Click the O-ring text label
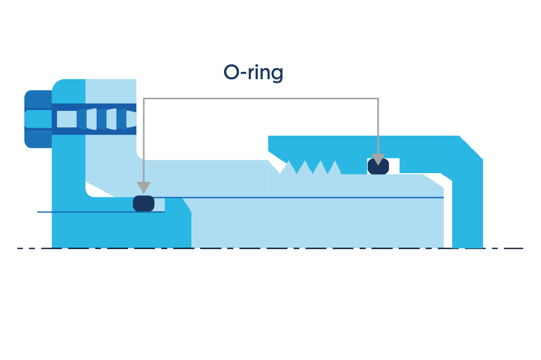click(253, 72)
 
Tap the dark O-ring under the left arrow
click(143, 203)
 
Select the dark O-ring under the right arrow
click(378, 166)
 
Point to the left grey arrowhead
click(143, 187)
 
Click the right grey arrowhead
click(378, 159)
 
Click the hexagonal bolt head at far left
click(38, 119)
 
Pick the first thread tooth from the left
click(288, 168)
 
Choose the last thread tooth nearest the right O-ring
click(334, 168)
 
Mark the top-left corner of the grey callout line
click(144, 98)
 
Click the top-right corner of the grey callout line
click(378, 98)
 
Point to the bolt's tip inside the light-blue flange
click(132, 119)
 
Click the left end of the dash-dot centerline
click(19, 248)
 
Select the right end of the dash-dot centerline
click(521, 248)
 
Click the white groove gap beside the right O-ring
click(394, 166)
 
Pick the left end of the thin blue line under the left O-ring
click(38, 212)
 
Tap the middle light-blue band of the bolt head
click(38, 119)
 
